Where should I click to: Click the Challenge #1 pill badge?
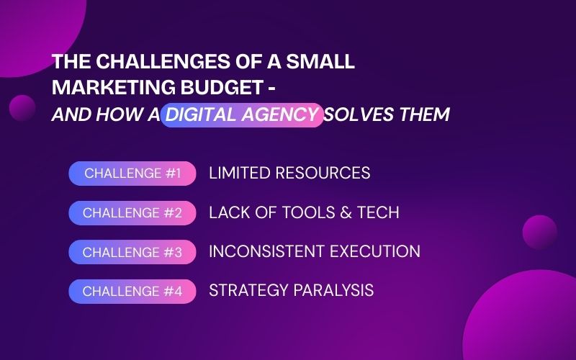point(132,174)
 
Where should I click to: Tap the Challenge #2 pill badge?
point(132,213)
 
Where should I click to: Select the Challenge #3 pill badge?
point(132,252)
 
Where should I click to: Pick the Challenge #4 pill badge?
point(132,292)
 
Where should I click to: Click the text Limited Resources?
point(289,174)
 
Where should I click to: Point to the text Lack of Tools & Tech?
point(304,213)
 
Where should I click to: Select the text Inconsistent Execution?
point(315,252)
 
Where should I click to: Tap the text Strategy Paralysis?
point(291,291)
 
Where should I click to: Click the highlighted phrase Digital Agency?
point(242,114)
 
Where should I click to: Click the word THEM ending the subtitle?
point(423,114)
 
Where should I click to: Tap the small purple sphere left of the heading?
point(22,108)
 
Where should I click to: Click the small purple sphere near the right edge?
point(539,232)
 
